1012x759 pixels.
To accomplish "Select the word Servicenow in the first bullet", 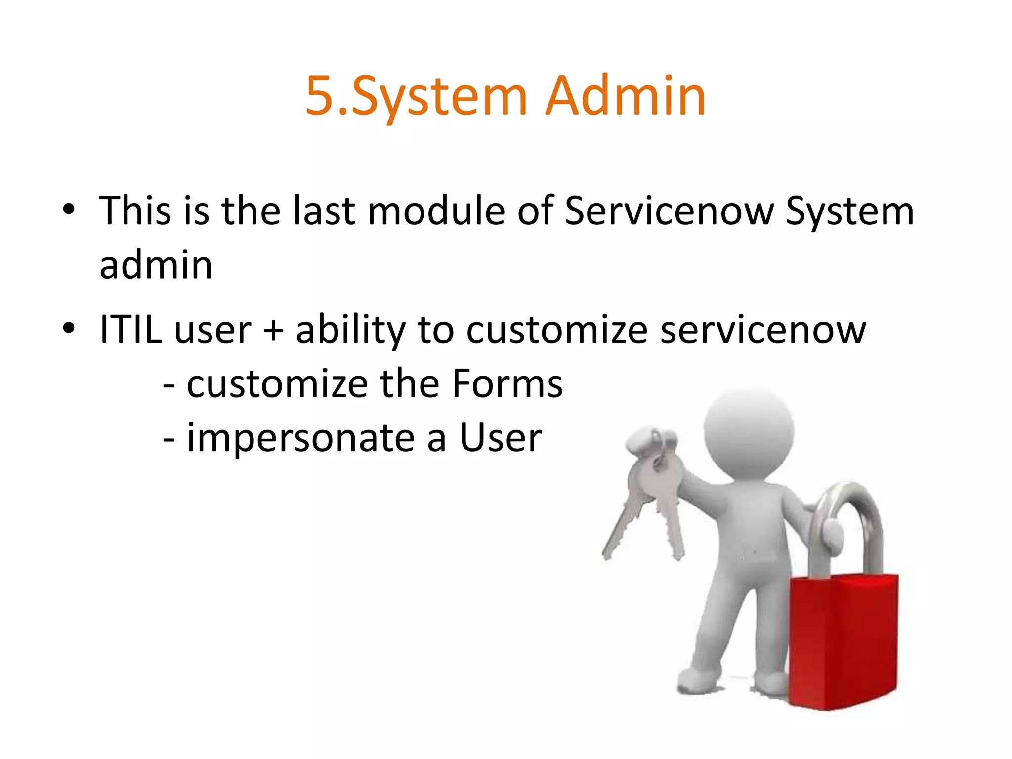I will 669,211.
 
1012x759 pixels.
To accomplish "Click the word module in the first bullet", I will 436,211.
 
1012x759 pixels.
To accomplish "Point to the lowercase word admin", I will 156,265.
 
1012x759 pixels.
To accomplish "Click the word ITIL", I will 130,330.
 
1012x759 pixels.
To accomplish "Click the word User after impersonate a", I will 501,438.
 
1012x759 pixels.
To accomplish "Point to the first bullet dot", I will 69,210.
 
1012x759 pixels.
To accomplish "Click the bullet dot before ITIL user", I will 69,328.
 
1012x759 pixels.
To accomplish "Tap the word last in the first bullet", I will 324,211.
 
